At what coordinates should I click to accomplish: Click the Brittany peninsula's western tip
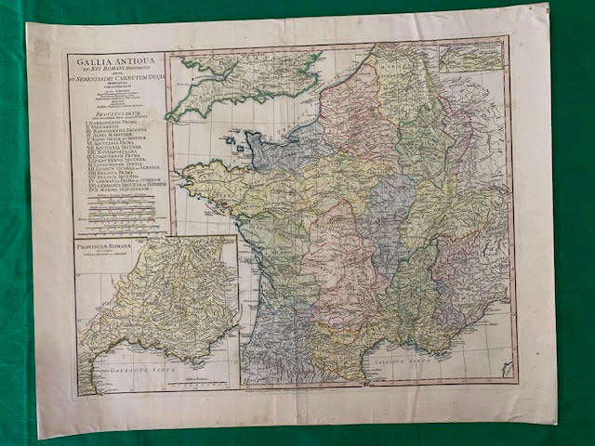tap(190, 173)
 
